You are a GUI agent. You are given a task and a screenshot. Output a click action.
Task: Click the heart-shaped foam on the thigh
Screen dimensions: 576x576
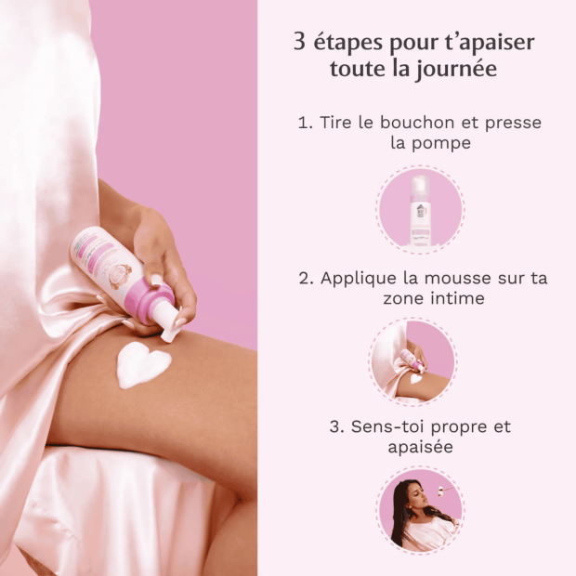point(142,365)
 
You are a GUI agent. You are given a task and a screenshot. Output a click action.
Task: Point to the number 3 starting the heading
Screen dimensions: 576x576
point(300,43)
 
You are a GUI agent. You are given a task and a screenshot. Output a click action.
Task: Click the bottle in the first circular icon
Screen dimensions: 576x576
point(420,210)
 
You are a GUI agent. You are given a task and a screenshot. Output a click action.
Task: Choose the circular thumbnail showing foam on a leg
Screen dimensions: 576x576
point(420,361)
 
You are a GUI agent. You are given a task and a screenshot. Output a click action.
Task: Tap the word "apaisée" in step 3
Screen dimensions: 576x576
point(420,448)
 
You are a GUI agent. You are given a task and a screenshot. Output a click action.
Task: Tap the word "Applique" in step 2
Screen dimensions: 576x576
point(354,278)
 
